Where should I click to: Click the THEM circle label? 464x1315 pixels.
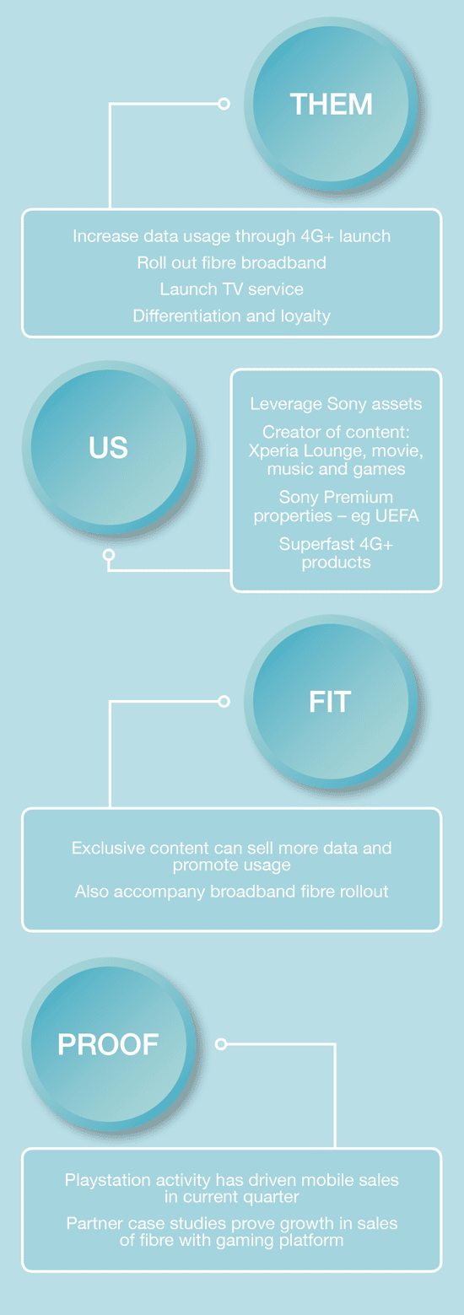click(332, 105)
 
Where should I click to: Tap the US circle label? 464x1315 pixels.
click(109, 448)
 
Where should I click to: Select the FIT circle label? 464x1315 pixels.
click(330, 702)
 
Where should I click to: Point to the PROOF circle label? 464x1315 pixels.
click(108, 1044)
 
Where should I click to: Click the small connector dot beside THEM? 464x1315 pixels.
click(224, 104)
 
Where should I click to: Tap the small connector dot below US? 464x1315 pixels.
click(109, 554)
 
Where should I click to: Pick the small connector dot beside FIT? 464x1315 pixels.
click(224, 701)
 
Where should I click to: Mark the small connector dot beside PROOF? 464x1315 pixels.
click(221, 1043)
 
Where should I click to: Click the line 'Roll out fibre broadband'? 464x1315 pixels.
click(231, 262)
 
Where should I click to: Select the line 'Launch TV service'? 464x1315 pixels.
click(231, 288)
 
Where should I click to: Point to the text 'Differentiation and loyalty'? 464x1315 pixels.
click(231, 315)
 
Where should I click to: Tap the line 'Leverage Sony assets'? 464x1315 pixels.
click(336, 404)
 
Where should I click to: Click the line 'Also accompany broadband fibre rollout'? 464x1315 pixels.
click(231, 892)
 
